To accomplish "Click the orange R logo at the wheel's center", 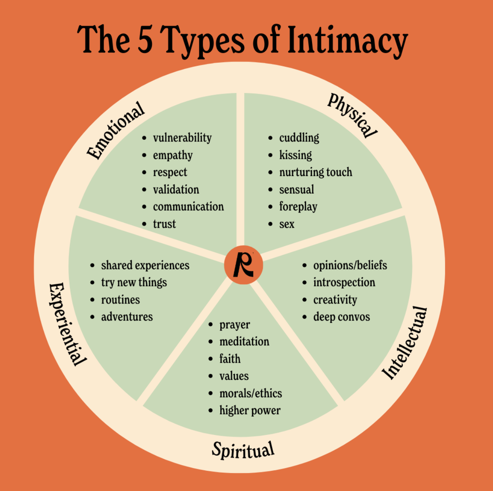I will pos(243,265).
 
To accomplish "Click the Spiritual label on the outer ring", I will pos(243,450).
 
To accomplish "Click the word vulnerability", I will pos(182,138).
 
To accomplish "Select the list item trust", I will pos(164,224).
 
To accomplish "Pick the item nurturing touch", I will pos(316,172).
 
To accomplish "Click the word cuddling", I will pos(299,138).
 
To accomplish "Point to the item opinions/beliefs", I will pos(350,265).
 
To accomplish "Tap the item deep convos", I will pos(341,317).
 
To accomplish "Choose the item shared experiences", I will pos(145,265).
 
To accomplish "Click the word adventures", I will pos(127,317).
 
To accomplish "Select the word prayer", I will pos(235,325).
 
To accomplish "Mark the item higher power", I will pos(250,411).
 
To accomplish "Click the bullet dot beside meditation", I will pos(211,342).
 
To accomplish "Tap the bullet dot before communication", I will pos(144,207).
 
